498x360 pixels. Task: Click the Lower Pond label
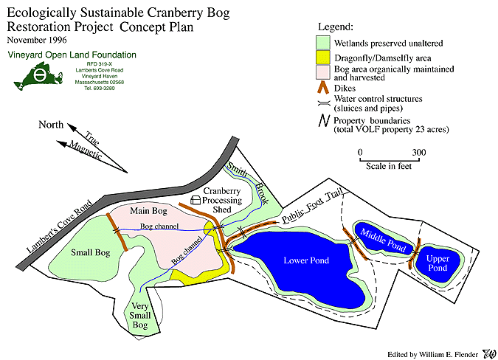307,260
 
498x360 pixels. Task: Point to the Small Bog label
91,253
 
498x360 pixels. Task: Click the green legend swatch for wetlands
322,42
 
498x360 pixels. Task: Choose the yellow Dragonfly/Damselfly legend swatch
322,57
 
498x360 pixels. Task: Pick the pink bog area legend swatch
322,72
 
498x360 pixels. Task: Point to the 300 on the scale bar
419,153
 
